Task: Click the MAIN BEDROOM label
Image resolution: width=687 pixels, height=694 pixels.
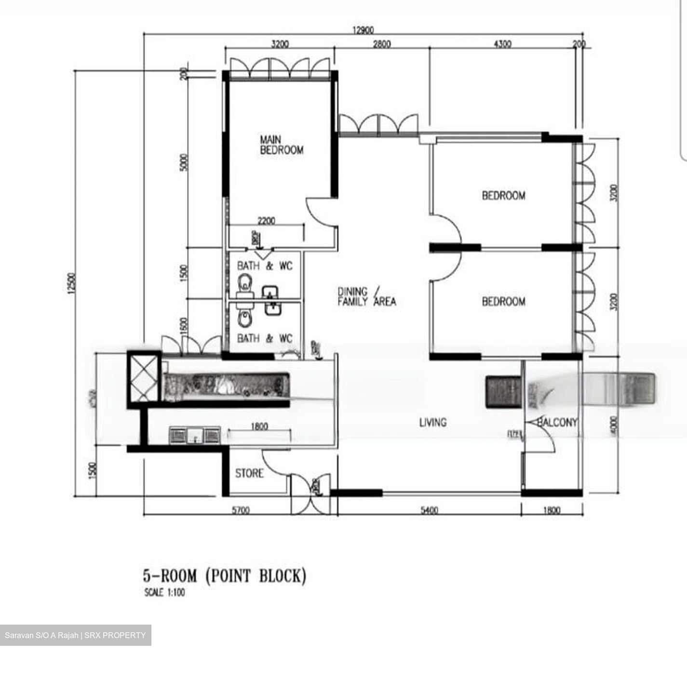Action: click(x=282, y=145)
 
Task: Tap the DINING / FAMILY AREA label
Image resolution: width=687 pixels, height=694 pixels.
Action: click(x=366, y=296)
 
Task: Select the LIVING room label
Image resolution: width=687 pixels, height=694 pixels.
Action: click(x=432, y=423)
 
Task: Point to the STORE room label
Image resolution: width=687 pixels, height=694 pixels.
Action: click(x=249, y=474)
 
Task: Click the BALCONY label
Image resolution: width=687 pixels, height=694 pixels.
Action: click(x=557, y=423)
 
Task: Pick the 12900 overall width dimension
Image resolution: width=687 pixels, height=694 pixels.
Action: click(x=363, y=30)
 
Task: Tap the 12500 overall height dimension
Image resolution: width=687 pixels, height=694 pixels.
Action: click(x=71, y=285)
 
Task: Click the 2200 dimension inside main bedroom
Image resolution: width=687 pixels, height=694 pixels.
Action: click(x=266, y=221)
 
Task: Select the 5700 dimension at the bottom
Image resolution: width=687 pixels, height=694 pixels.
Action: click(x=240, y=510)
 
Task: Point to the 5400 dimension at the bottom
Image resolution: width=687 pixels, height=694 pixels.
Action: click(x=429, y=510)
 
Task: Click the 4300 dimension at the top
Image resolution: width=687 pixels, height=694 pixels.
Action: click(x=502, y=44)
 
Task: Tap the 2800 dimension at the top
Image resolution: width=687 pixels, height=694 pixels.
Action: click(x=381, y=44)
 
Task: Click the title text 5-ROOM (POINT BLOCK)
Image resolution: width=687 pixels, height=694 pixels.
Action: click(x=224, y=576)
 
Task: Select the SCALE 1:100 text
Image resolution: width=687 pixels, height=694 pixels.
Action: click(x=164, y=593)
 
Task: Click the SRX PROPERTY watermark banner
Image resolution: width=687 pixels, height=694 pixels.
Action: click(x=75, y=635)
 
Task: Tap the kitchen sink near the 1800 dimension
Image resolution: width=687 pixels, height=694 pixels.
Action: click(x=195, y=436)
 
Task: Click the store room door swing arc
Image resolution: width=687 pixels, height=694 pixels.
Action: click(x=276, y=464)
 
